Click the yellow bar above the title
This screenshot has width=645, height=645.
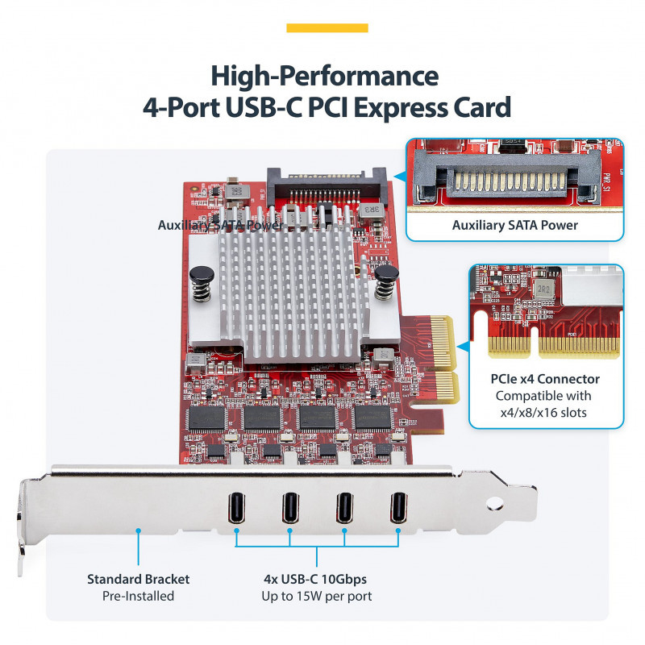[327, 28]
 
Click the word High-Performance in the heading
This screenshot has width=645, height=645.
[325, 77]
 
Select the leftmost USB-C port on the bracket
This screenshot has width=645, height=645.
[237, 507]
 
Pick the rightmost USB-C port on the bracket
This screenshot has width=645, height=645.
[398, 507]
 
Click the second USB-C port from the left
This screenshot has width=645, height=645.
[290, 507]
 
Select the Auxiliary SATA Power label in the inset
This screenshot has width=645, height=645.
[514, 225]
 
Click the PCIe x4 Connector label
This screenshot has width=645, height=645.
[545, 378]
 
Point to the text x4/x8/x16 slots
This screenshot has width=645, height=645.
[544, 412]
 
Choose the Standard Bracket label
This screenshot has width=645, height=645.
[139, 579]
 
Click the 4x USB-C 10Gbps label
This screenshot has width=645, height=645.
[316, 579]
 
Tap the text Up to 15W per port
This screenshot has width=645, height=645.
[316, 597]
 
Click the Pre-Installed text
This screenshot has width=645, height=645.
[138, 597]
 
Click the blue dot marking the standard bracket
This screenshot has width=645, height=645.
[139, 531]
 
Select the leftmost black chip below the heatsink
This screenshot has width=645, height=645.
[206, 417]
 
